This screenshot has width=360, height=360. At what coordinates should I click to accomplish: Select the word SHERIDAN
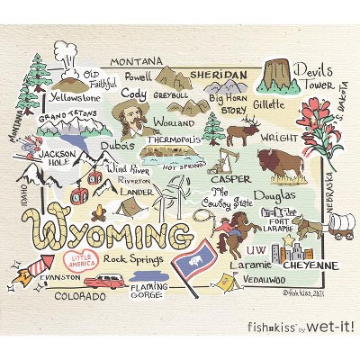[x=219, y=74]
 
